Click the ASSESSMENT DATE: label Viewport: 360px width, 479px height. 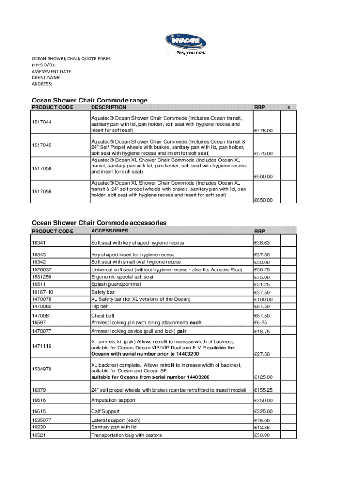pyautogui.click(x=52, y=72)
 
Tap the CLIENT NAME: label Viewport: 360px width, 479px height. pyautogui.click(x=46, y=78)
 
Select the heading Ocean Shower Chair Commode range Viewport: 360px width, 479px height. pyautogui.click(x=89, y=100)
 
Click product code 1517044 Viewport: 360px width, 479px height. pyautogui.click(x=42, y=123)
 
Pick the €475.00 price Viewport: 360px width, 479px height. pyautogui.click(x=263, y=131)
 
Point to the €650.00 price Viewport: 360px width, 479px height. pyautogui.click(x=263, y=200)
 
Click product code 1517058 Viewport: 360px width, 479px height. pyautogui.click(x=42, y=168)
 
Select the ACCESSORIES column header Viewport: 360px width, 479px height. pyautogui.click(x=109, y=231)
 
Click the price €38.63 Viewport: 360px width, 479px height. pyautogui.click(x=262, y=243)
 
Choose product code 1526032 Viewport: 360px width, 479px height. pyautogui.click(x=42, y=269)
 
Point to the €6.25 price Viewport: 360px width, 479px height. pyautogui.click(x=260, y=323)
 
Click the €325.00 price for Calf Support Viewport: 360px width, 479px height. pyautogui.click(x=263, y=412)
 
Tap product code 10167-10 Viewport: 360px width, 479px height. pyautogui.click(x=42, y=292)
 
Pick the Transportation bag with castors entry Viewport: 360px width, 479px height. pyautogui.click(x=126, y=435)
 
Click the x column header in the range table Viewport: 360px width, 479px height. pyautogui.click(x=288, y=107)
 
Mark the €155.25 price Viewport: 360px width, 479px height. pyautogui.click(x=263, y=390)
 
